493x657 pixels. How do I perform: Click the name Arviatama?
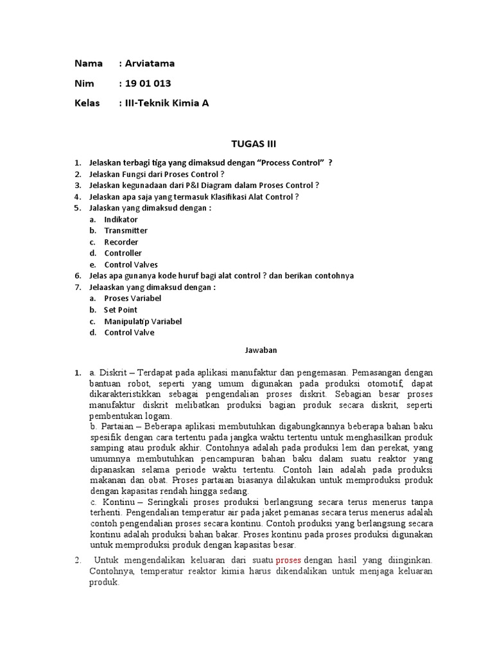150,63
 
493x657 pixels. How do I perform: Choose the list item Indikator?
121,219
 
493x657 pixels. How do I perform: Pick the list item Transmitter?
126,230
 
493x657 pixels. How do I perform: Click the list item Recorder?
121,242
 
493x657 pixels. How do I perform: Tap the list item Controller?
123,253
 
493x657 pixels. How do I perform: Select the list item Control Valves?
131,264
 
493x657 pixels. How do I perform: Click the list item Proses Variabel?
132,298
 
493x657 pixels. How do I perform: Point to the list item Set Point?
121,309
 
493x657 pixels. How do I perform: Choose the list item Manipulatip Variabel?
143,321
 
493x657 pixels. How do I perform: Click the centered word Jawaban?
260,350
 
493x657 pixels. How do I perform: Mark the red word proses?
288,560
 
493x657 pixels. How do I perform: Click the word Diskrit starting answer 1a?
113,372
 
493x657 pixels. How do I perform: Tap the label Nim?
84,83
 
